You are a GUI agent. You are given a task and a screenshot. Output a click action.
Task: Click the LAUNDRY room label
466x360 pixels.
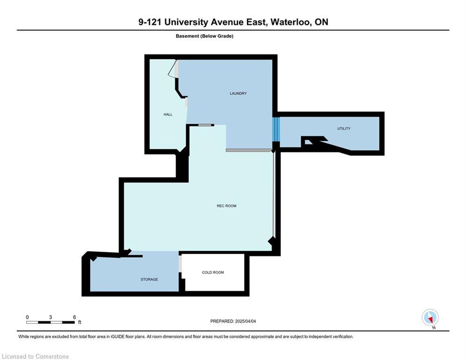click(x=238, y=93)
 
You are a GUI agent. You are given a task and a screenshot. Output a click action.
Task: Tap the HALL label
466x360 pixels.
click(x=168, y=114)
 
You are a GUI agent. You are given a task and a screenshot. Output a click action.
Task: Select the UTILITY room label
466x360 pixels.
click(x=344, y=128)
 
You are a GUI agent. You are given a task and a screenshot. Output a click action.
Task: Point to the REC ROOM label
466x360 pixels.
click(x=227, y=206)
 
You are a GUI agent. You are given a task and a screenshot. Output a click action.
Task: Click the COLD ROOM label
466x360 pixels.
click(x=213, y=272)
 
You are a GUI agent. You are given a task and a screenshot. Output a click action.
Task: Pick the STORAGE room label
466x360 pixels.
click(x=149, y=279)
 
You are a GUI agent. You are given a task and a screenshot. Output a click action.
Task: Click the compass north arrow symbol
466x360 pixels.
click(x=430, y=317)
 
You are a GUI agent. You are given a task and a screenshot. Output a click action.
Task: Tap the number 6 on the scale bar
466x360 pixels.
click(x=74, y=317)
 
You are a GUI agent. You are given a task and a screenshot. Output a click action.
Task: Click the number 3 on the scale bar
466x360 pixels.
click(x=51, y=317)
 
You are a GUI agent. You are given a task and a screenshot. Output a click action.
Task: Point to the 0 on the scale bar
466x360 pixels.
click(x=27, y=317)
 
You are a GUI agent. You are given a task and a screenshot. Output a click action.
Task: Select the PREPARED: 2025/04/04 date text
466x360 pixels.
click(x=233, y=321)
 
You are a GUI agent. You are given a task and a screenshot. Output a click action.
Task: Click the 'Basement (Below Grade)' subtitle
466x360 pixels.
click(x=205, y=36)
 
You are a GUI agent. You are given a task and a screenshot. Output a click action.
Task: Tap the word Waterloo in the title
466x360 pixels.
click(x=290, y=22)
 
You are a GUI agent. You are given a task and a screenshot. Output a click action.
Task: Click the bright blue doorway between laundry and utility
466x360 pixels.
click(x=276, y=129)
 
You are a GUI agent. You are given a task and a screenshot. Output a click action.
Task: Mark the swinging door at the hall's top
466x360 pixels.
click(x=174, y=69)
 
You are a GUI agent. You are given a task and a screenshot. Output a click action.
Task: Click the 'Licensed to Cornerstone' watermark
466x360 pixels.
click(x=36, y=356)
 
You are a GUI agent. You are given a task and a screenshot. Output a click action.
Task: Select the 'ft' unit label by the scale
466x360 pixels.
click(x=79, y=322)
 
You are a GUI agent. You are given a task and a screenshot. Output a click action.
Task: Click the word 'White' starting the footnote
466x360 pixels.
click(x=24, y=337)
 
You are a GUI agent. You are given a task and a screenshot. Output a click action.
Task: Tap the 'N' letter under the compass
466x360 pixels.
click(x=434, y=328)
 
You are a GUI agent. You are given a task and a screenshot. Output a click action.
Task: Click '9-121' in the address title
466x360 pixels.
click(x=150, y=22)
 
